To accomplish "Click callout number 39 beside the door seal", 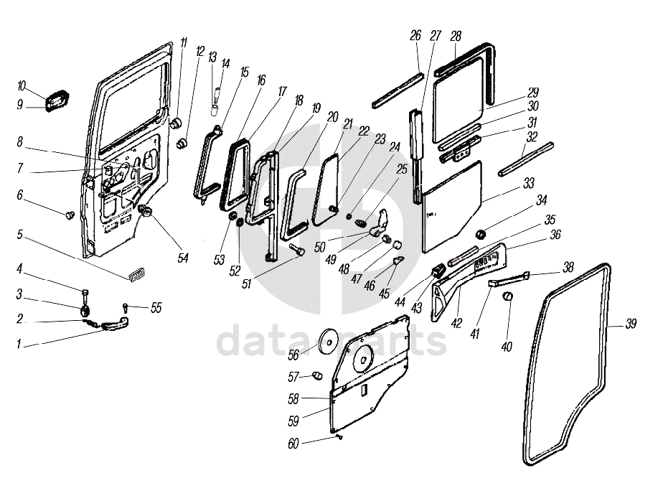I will pyautogui.click(x=631, y=324).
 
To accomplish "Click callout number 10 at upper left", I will pyautogui.click(x=21, y=86).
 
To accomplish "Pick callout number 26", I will pyautogui.click(x=416, y=35).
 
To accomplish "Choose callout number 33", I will pyautogui.click(x=529, y=184).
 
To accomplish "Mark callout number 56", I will pyautogui.click(x=293, y=354).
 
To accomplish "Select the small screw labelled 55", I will pyautogui.click(x=126, y=307).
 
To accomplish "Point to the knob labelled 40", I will pyautogui.click(x=509, y=296).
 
